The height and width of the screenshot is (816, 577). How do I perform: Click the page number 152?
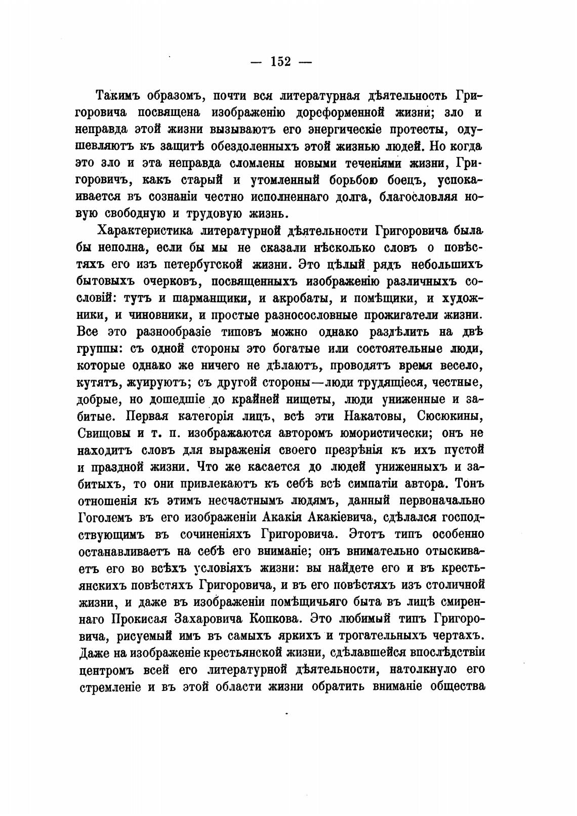tap(281, 62)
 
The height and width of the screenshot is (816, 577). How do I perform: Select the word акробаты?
tap(298, 298)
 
